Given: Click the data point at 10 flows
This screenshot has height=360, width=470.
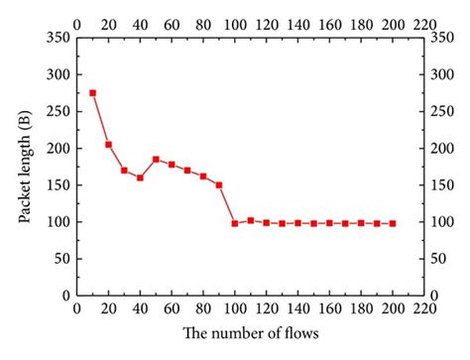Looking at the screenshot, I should click(92, 93).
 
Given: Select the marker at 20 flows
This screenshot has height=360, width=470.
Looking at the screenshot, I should click(108, 145).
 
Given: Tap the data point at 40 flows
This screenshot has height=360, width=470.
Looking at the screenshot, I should click(140, 179).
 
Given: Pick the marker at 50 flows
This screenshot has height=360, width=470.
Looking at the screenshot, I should click(156, 159).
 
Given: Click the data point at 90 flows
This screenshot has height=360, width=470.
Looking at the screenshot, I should click(219, 184).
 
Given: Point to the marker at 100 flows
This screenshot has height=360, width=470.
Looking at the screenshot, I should click(235, 223).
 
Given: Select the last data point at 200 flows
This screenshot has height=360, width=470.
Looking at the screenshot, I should click(393, 223).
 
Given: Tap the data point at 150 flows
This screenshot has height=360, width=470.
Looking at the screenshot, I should click(313, 223).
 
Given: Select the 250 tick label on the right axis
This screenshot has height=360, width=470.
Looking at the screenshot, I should click(433, 112).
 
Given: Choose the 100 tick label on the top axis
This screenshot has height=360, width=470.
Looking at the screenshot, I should click(235, 21).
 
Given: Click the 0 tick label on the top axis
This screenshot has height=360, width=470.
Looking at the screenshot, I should click(76, 21).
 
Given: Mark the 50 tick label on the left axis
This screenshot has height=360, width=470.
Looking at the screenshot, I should click(61, 259).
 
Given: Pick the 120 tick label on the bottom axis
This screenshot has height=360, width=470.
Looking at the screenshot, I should click(266, 310).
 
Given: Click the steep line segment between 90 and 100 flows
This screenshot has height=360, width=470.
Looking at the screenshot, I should click(227, 204).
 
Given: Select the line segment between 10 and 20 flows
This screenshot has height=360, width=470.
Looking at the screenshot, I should click(100, 119).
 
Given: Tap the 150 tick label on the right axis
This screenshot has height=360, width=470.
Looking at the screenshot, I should click(433, 185).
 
